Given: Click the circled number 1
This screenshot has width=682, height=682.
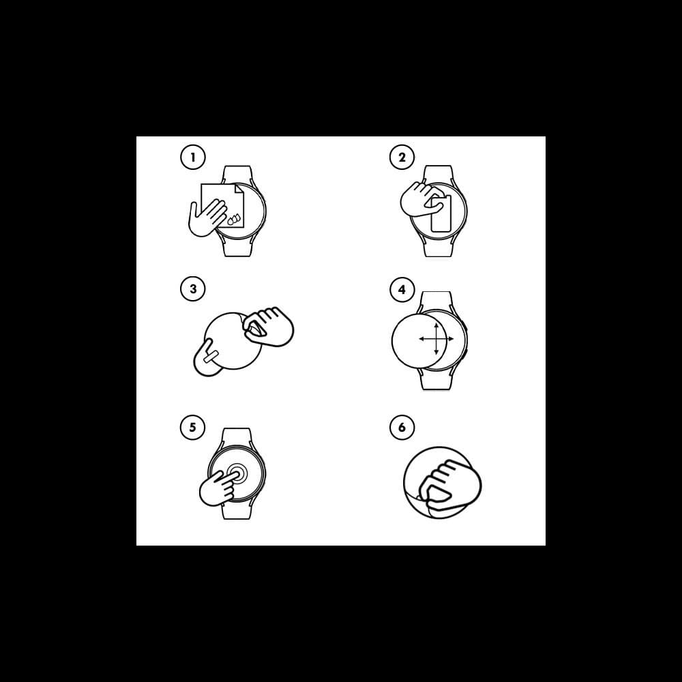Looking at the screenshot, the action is pos(193,157).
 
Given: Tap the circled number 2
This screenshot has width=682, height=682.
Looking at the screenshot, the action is pos(402,157).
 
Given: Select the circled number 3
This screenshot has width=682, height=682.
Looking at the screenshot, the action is pos(193,288).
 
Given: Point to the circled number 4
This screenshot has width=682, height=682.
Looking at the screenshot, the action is pos(402,289).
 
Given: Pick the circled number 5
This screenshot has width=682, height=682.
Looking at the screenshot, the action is pos(193,427).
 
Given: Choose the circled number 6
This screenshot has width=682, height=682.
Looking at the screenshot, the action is pos(402,427).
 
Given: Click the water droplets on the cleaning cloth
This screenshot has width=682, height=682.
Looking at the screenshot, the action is pos(234,219).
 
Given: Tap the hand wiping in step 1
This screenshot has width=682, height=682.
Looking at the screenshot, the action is pos(206,218).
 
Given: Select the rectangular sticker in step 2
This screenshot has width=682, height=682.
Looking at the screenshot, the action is pos(441,213).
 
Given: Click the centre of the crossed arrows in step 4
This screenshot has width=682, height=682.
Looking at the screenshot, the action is pos(436,338).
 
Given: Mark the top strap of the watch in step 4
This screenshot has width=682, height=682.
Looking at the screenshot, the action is pos(436,302).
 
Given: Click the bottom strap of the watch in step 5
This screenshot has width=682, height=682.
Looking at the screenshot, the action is pos(237,509).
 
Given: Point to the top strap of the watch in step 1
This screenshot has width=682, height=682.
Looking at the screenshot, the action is pos(237,175).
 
